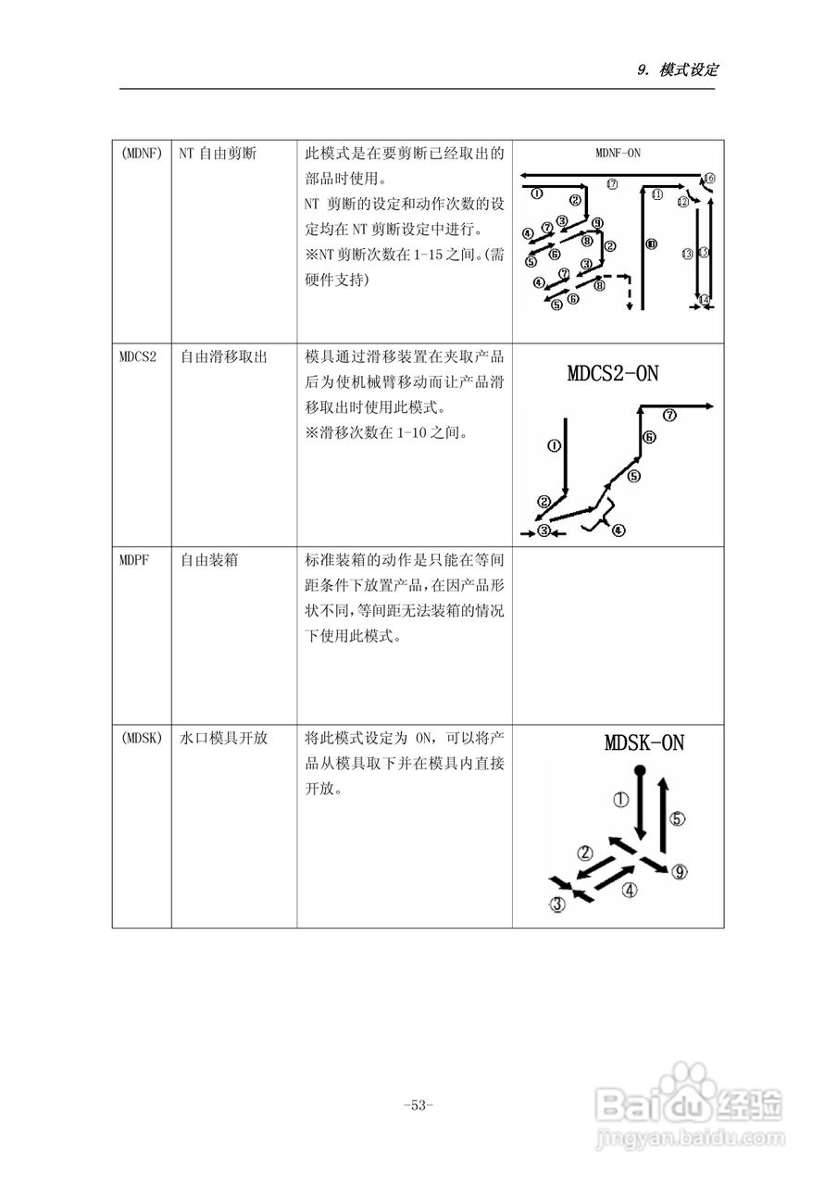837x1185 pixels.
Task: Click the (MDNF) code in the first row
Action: [x=142, y=154]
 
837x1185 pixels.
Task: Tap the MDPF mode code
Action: [x=135, y=560]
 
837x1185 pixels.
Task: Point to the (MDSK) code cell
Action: [x=142, y=738]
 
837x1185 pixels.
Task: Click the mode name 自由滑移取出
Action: [x=223, y=356]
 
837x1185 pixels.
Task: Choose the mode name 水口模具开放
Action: [x=223, y=738]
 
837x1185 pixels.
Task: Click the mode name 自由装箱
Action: [x=208, y=560]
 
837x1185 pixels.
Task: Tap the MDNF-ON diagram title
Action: [x=618, y=153]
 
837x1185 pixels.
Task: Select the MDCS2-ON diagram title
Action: [x=613, y=374]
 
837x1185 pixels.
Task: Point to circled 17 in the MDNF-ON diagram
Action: [x=612, y=184]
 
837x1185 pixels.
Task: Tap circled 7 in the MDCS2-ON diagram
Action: [x=669, y=416]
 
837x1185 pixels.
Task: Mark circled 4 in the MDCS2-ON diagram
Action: [x=618, y=530]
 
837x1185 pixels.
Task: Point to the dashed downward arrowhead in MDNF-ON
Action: [x=630, y=306]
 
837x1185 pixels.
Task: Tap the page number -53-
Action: [x=418, y=1104]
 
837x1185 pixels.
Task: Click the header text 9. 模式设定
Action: [x=679, y=70]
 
